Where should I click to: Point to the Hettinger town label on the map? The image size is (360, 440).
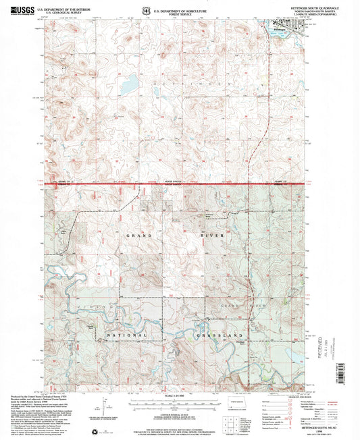click(280, 28)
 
